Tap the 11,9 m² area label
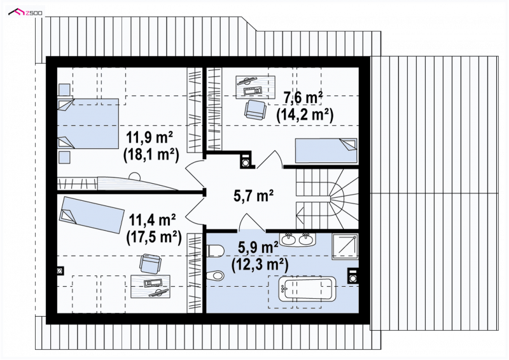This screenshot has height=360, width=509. pos(150,137)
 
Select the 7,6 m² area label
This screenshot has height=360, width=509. pos(303,98)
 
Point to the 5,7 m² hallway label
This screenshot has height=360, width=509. pos(253,195)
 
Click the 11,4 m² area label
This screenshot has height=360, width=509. pos(153,221)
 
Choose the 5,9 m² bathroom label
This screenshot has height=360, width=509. pos(258,247)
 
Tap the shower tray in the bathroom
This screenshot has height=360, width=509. pos(345,247)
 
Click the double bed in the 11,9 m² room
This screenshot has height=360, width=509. pos(88,123)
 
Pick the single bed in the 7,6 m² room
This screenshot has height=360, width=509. pos(326,151)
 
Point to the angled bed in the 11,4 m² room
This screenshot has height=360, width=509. pos(92,215)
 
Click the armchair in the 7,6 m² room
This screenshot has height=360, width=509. pos(255,110)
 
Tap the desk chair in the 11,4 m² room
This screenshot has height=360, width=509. pos(150,263)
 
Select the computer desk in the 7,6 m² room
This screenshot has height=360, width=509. pos(256,87)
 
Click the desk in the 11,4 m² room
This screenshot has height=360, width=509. pos(150,287)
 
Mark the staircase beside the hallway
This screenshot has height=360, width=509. pos(327,199)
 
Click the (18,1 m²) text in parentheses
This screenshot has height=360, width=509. pos(151,155)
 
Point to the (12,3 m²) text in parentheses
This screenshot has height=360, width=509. pos(260,265)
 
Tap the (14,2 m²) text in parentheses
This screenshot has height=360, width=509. pos(305,114)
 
